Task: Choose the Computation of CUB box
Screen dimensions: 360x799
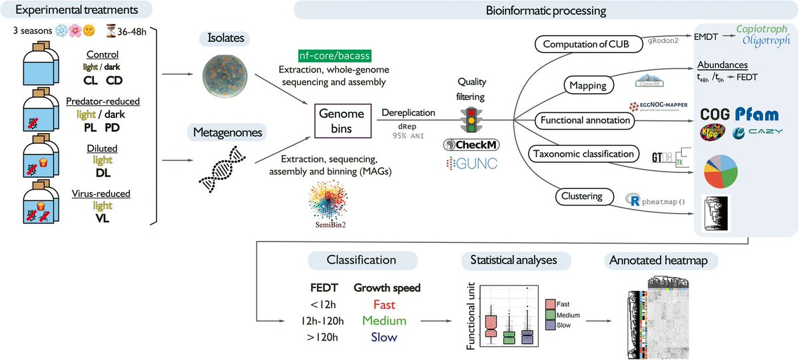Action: [585, 45]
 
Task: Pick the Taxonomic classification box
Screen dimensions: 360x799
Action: [584, 154]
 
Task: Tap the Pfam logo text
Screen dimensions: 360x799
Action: [756, 114]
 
